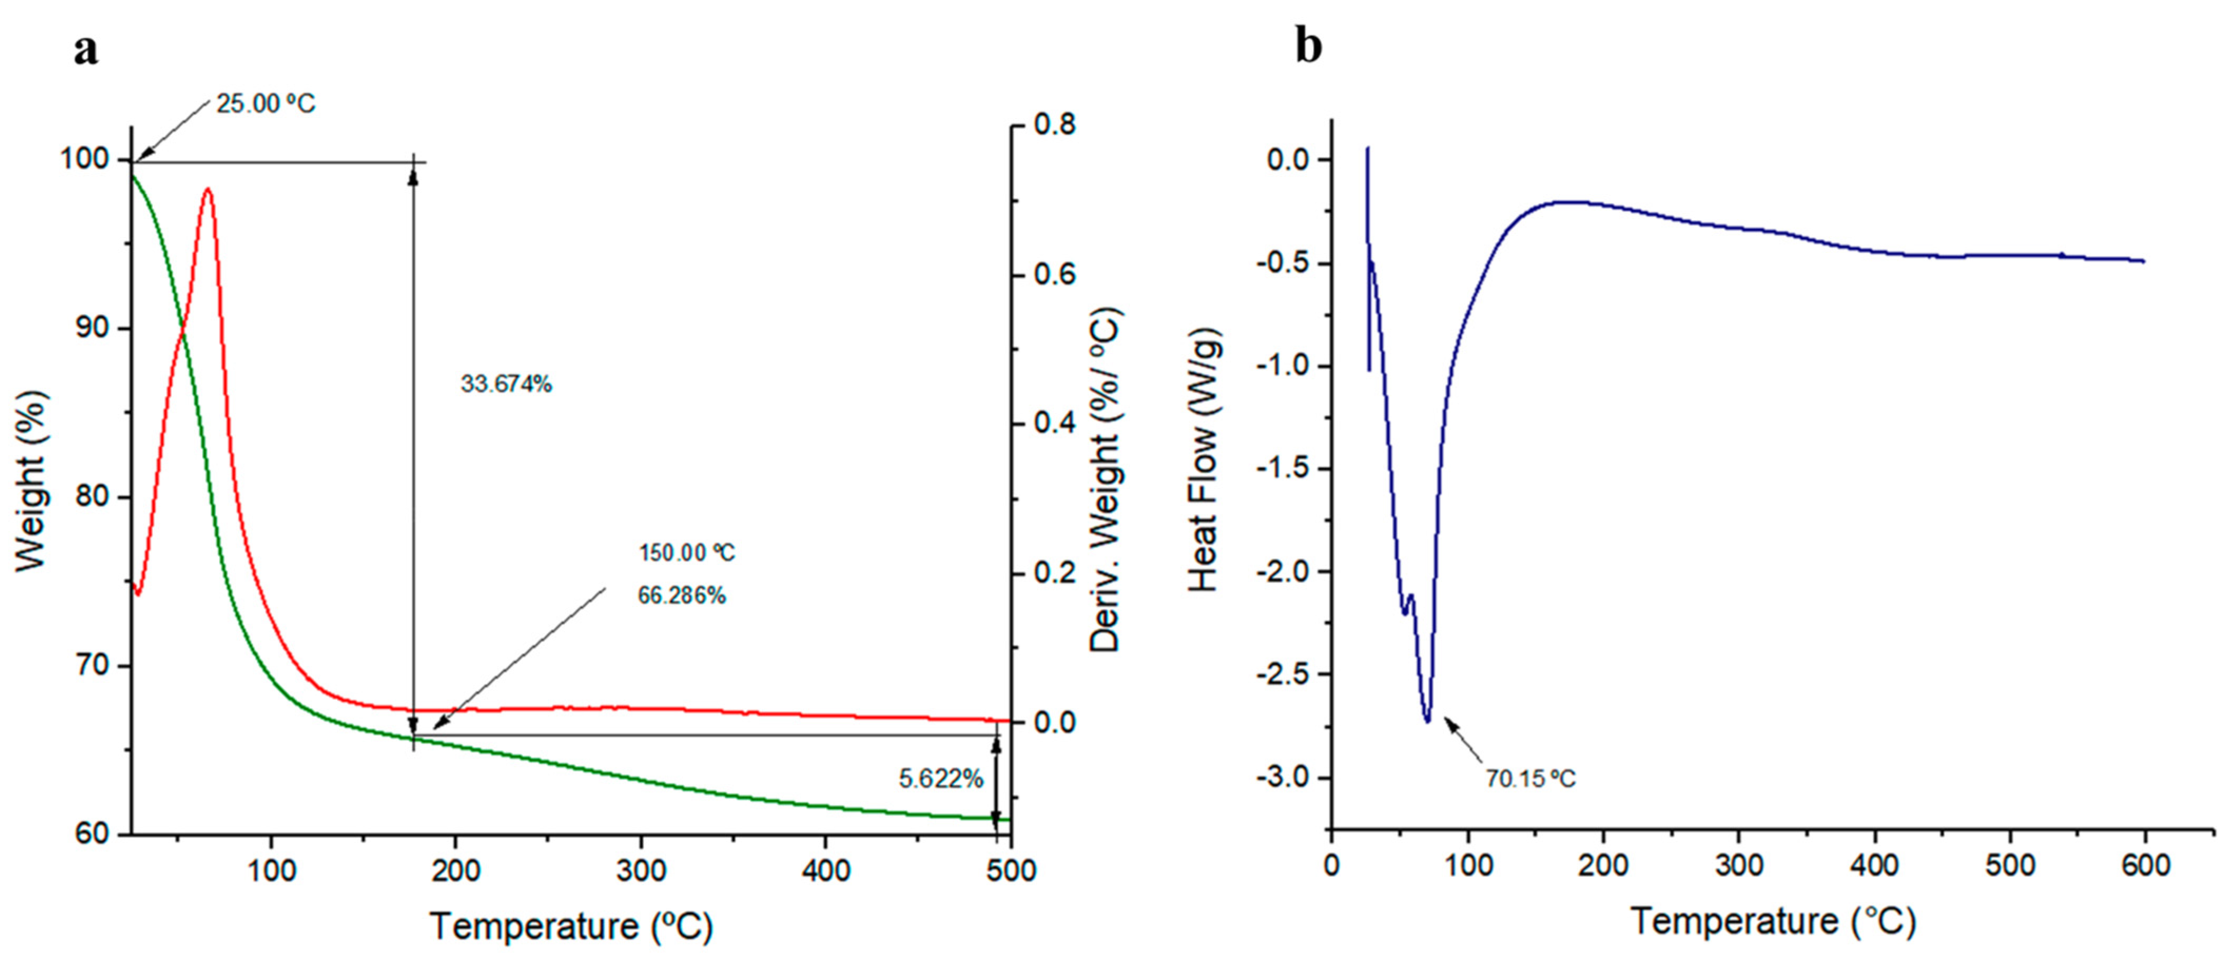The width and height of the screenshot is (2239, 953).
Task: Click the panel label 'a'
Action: pos(86,51)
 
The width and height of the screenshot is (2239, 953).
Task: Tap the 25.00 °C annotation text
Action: pos(266,104)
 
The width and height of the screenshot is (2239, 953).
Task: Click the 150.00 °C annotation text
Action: pos(687,553)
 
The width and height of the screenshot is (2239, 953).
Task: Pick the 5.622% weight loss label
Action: pos(941,779)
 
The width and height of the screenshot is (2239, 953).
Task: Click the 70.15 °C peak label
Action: pos(1530,779)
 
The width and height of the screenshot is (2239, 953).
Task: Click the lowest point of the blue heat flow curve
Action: pos(1427,720)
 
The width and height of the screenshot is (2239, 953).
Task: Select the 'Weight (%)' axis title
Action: pos(31,482)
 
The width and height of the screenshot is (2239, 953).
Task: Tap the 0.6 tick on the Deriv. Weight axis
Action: pos(1054,274)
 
